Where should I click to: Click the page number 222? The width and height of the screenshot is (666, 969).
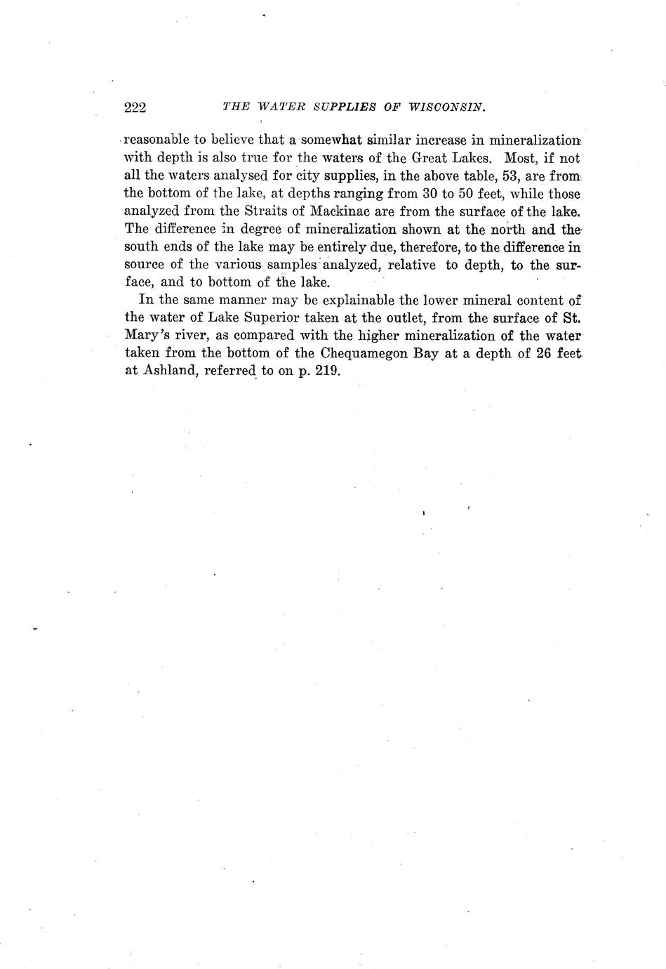(134, 107)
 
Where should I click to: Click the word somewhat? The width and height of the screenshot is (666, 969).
(331, 140)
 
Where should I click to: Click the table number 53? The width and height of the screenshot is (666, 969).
(505, 176)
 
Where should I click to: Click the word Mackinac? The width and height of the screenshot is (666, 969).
(342, 211)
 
